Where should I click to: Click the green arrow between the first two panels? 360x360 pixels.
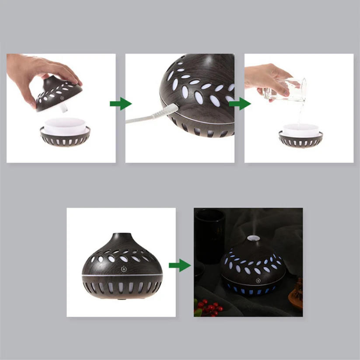point(120,104)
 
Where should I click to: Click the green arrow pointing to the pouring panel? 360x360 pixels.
point(239,104)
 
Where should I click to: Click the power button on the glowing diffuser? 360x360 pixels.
point(258,280)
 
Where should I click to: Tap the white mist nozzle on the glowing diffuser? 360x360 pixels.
point(253,239)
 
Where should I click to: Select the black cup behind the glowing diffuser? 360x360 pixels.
point(210,236)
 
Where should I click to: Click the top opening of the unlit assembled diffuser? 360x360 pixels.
point(121,235)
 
